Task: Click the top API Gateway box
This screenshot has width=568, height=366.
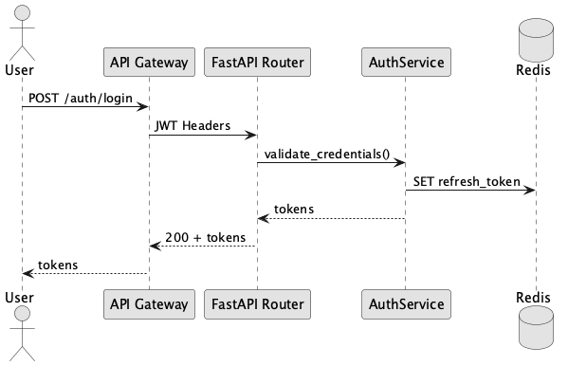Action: (x=148, y=63)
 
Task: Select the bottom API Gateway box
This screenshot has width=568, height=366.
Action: (x=148, y=304)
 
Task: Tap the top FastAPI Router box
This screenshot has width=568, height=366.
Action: (x=257, y=63)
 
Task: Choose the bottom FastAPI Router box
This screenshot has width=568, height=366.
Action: (x=257, y=304)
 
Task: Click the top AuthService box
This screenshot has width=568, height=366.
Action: (x=405, y=63)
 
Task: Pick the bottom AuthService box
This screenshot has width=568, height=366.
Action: (x=405, y=304)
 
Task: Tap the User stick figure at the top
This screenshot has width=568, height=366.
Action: (x=22, y=28)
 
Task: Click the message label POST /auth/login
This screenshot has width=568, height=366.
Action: (x=81, y=99)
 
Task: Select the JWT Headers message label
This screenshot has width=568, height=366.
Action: (x=194, y=126)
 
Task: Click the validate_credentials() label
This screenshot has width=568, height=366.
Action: (x=328, y=154)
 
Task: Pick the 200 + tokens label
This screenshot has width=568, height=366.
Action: (x=206, y=236)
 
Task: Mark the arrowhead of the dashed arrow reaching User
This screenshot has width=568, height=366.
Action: (x=27, y=273)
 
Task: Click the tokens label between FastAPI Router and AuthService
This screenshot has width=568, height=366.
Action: (x=294, y=209)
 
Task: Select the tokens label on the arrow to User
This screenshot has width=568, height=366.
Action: (x=57, y=264)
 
